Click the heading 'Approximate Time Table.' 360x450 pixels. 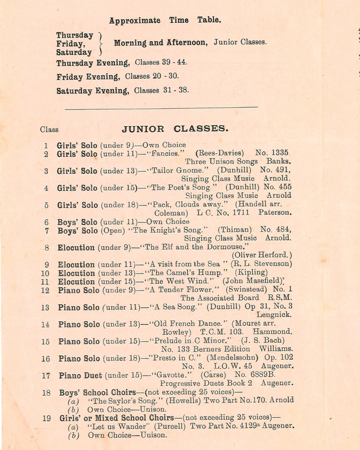(165, 21)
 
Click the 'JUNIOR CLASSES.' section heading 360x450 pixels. (174, 129)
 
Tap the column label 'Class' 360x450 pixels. (49, 129)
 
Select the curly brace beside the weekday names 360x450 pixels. (100, 43)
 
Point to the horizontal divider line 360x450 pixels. (161, 107)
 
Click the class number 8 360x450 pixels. (47, 247)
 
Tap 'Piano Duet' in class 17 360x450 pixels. (78, 376)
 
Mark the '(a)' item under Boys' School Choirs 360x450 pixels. (73, 401)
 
